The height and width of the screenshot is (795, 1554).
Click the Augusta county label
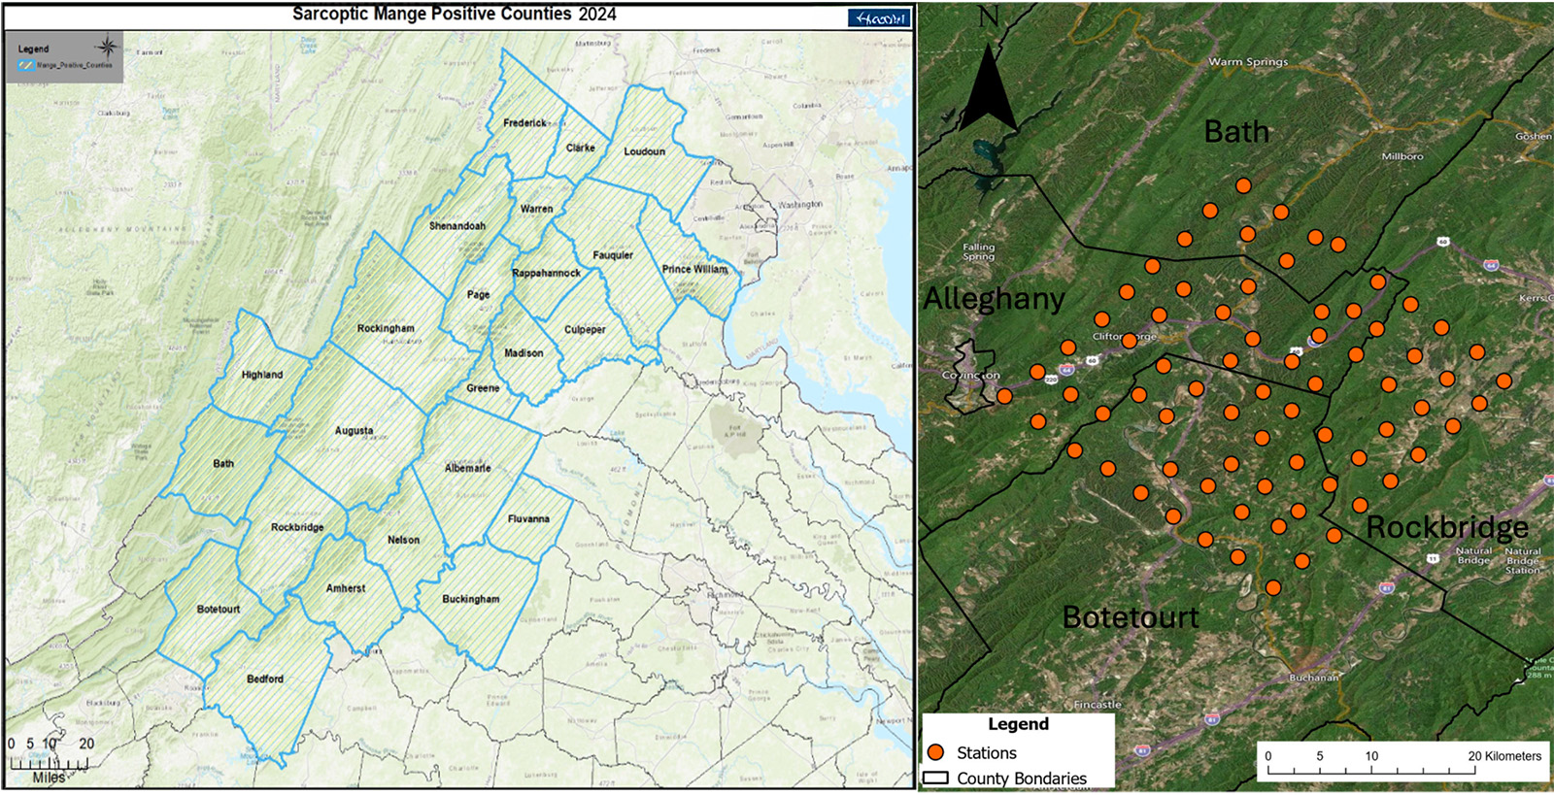click(x=354, y=431)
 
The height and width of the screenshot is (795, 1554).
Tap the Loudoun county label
click(x=644, y=151)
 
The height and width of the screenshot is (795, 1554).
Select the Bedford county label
click(x=265, y=679)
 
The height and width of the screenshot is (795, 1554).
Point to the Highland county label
click(x=262, y=375)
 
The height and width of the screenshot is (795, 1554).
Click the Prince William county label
click(x=694, y=270)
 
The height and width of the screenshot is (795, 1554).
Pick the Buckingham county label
click(x=471, y=600)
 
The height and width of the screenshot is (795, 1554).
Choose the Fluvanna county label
click(x=528, y=519)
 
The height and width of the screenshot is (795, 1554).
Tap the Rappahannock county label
click(x=546, y=274)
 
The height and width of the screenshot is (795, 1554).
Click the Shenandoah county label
click(x=456, y=226)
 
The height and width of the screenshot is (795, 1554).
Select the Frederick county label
click(x=524, y=123)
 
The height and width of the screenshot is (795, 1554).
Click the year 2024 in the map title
click(x=597, y=15)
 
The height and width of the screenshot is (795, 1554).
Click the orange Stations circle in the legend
click(x=936, y=752)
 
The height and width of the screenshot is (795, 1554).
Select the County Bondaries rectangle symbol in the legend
click(x=935, y=778)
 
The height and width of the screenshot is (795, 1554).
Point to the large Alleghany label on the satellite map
click(x=994, y=299)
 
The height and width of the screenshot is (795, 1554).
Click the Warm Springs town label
click(x=1248, y=62)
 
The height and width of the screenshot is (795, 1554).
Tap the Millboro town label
click(x=1402, y=156)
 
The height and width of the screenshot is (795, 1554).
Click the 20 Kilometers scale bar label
click(x=1504, y=756)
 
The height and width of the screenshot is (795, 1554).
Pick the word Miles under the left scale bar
click(x=49, y=778)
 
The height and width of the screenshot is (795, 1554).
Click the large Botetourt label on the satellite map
click(x=1131, y=617)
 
